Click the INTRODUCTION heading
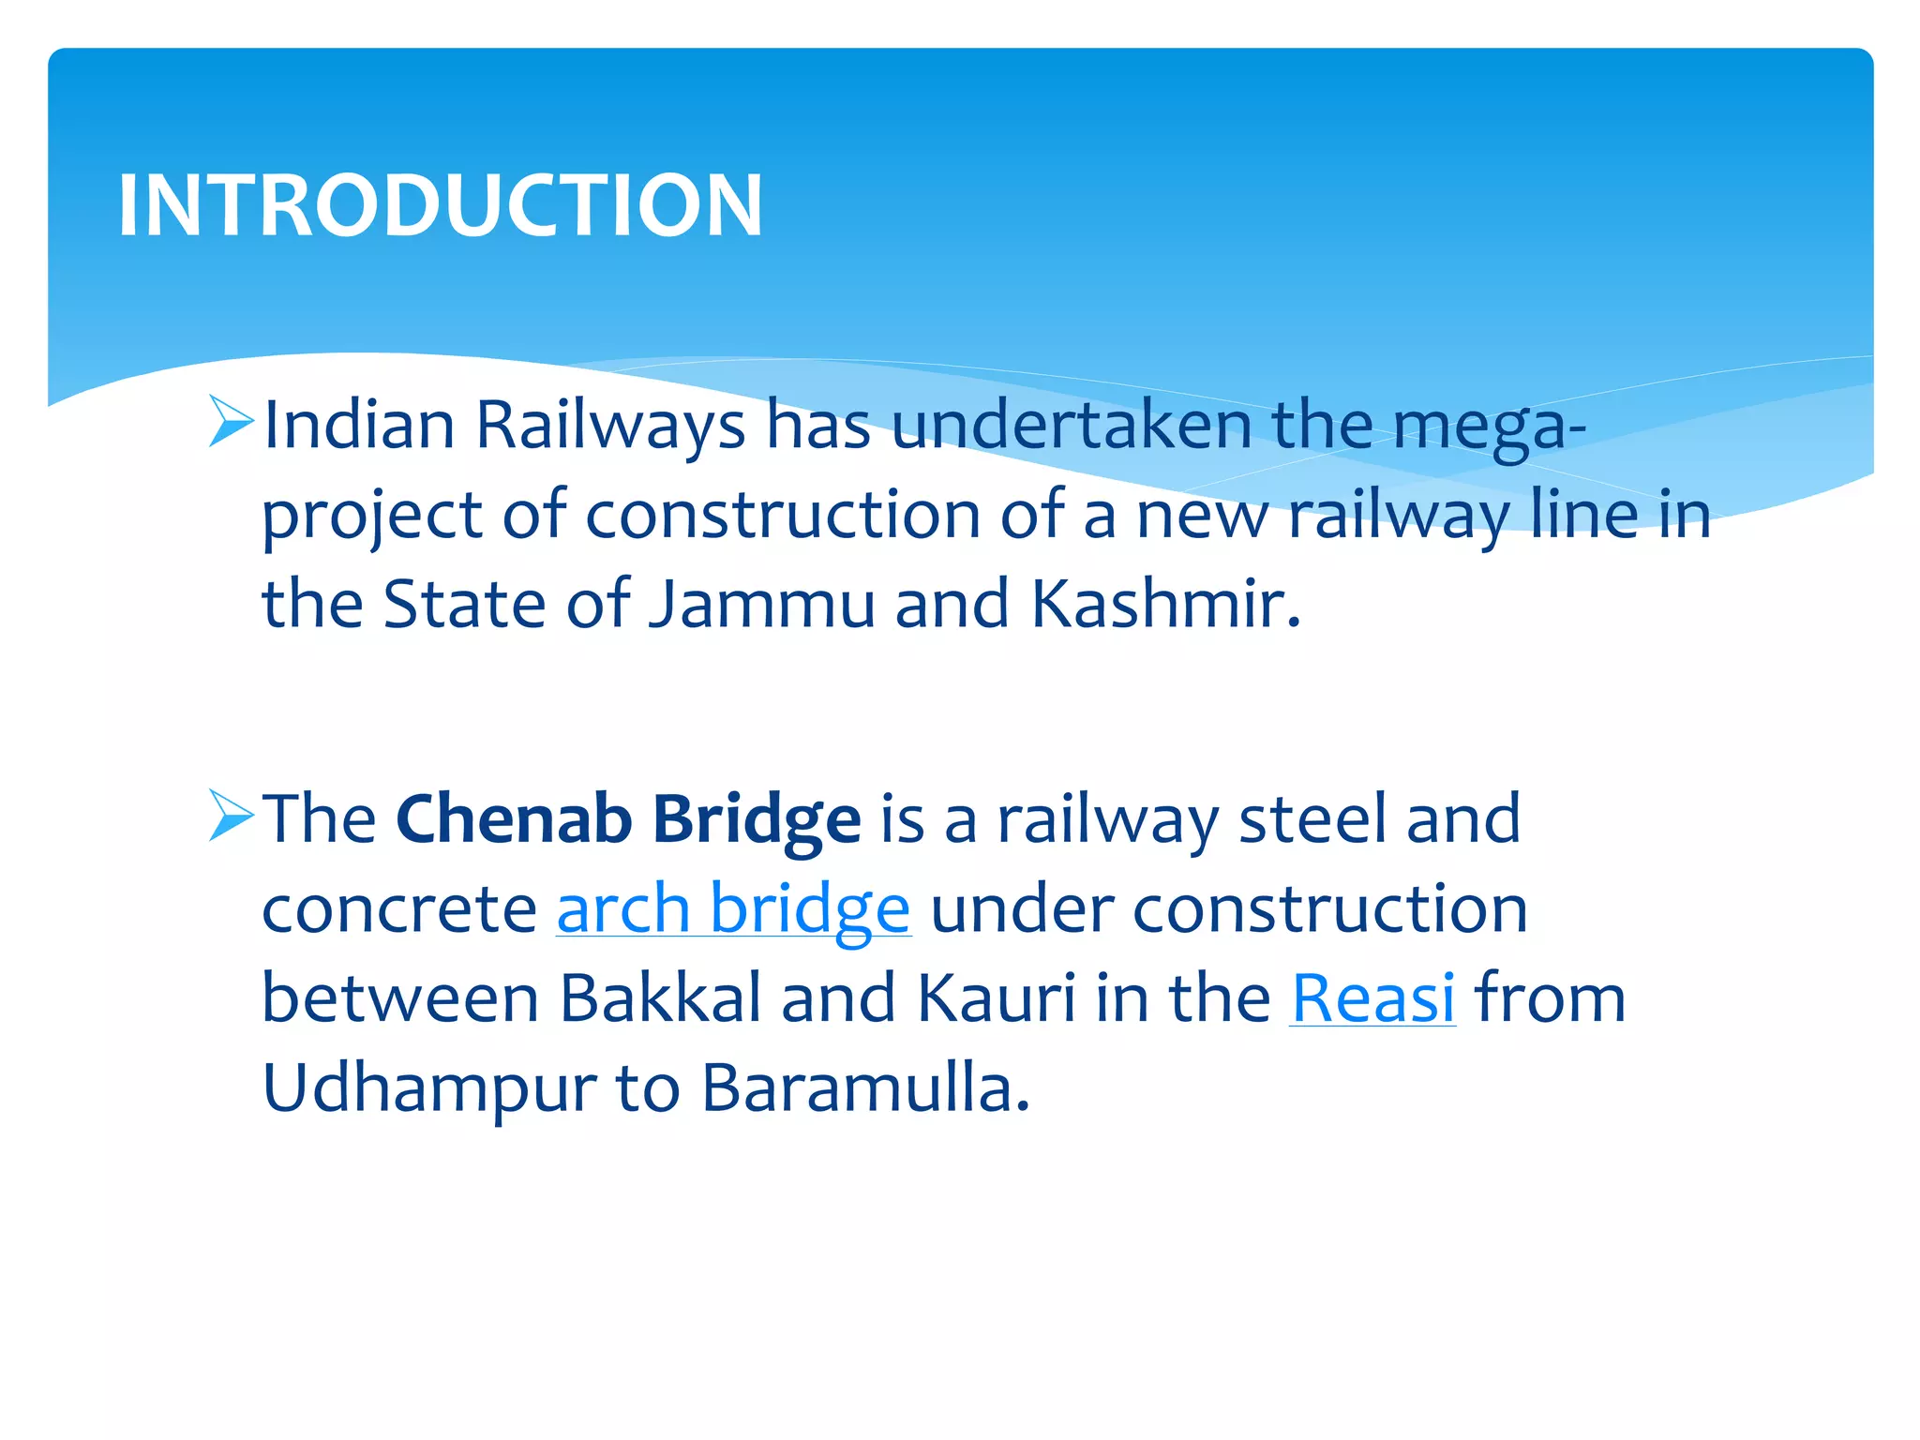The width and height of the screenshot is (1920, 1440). pyautogui.click(x=440, y=205)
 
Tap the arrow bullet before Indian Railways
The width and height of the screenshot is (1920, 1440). pyautogui.click(x=231, y=421)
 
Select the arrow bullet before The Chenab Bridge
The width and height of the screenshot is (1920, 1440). pyautogui.click(x=231, y=815)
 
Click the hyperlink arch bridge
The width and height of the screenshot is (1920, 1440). pyautogui.click(x=733, y=908)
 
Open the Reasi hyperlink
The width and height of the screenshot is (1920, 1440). pyautogui.click(x=1372, y=997)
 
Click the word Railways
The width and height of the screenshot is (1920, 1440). pyautogui.click(x=610, y=427)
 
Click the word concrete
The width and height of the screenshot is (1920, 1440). pyautogui.click(x=398, y=908)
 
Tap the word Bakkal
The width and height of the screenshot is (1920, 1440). pyautogui.click(x=661, y=997)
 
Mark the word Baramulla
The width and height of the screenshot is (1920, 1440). pyautogui.click(x=865, y=1087)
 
